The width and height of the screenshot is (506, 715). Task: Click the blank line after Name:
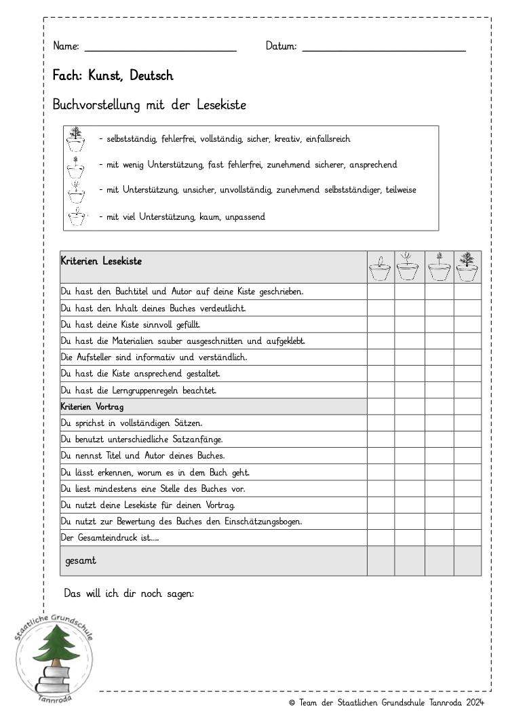coord(160,50)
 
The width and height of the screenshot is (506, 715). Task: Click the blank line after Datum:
coord(384,50)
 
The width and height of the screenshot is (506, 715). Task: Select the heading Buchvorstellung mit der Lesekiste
coord(149,105)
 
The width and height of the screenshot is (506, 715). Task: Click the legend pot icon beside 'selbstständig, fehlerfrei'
coord(77,140)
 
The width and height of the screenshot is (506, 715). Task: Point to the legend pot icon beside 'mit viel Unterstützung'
coord(77,217)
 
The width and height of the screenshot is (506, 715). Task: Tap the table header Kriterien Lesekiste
coord(101,260)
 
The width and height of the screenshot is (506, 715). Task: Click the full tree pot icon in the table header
coord(467,267)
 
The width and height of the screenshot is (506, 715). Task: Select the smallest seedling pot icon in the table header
coord(381,269)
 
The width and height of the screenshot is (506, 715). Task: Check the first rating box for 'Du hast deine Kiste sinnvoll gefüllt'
coord(381,324)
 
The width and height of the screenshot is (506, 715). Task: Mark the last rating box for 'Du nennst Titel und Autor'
coord(467,455)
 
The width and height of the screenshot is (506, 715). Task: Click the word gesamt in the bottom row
coord(81,561)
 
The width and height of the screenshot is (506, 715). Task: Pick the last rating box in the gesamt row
coord(467,561)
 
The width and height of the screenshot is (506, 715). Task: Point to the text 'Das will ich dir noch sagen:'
coord(129,593)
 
